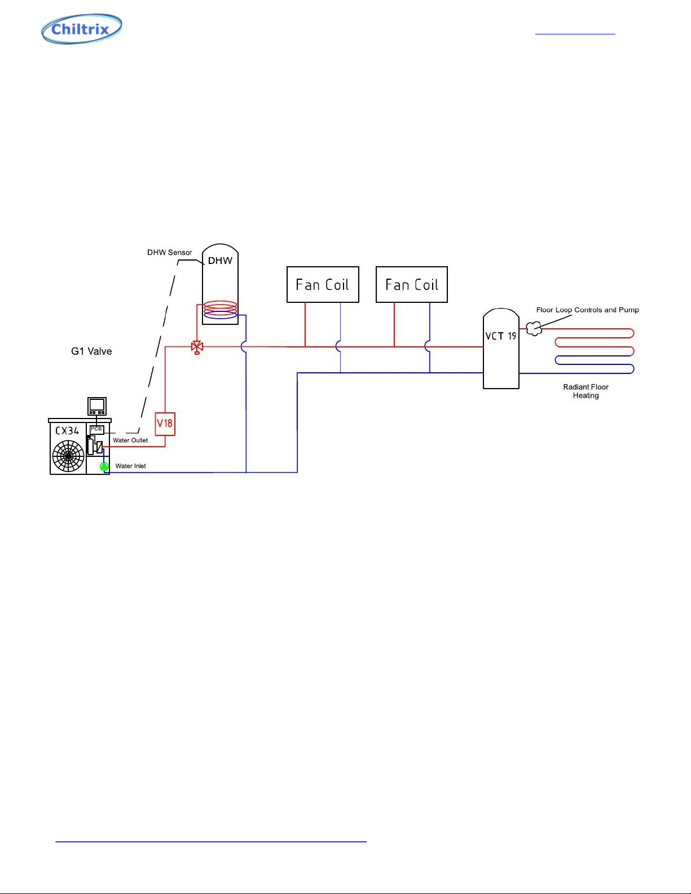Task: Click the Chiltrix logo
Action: pos(81,29)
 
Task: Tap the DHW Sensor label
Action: pos(169,253)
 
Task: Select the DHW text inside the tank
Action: pos(220,261)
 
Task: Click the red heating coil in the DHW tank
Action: pos(221,307)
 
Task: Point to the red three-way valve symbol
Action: pos(197,347)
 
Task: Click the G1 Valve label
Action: pos(91,351)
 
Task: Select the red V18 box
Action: pos(165,424)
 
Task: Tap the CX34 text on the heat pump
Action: pos(67,431)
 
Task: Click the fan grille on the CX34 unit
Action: pos(68,456)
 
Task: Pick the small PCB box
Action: pos(96,430)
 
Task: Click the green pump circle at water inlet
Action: pos(104,466)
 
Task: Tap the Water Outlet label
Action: pos(130,440)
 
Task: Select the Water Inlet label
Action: pos(130,466)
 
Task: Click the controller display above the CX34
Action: pos(97,406)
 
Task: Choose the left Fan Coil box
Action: pos(323,285)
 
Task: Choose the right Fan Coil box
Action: pos(412,285)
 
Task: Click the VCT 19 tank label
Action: pos(500,336)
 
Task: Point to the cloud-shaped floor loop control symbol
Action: pos(534,328)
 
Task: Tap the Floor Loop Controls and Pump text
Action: pos(587,310)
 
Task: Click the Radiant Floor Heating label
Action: pos(586,391)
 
